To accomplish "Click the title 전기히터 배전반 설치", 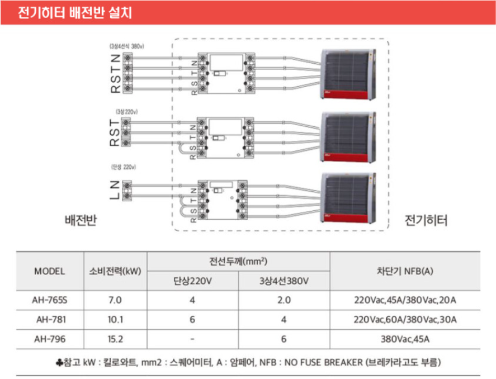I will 72,13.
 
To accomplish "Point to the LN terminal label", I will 115,190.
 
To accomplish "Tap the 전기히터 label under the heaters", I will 426,221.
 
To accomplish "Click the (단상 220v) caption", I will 124,167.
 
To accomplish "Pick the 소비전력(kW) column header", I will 115,272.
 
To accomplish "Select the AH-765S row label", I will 50,300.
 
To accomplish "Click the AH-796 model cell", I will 50,338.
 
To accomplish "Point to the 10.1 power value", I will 115,319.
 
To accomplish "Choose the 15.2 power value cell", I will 115,338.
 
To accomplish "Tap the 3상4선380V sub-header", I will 284,281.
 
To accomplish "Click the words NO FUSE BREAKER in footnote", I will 322,362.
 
